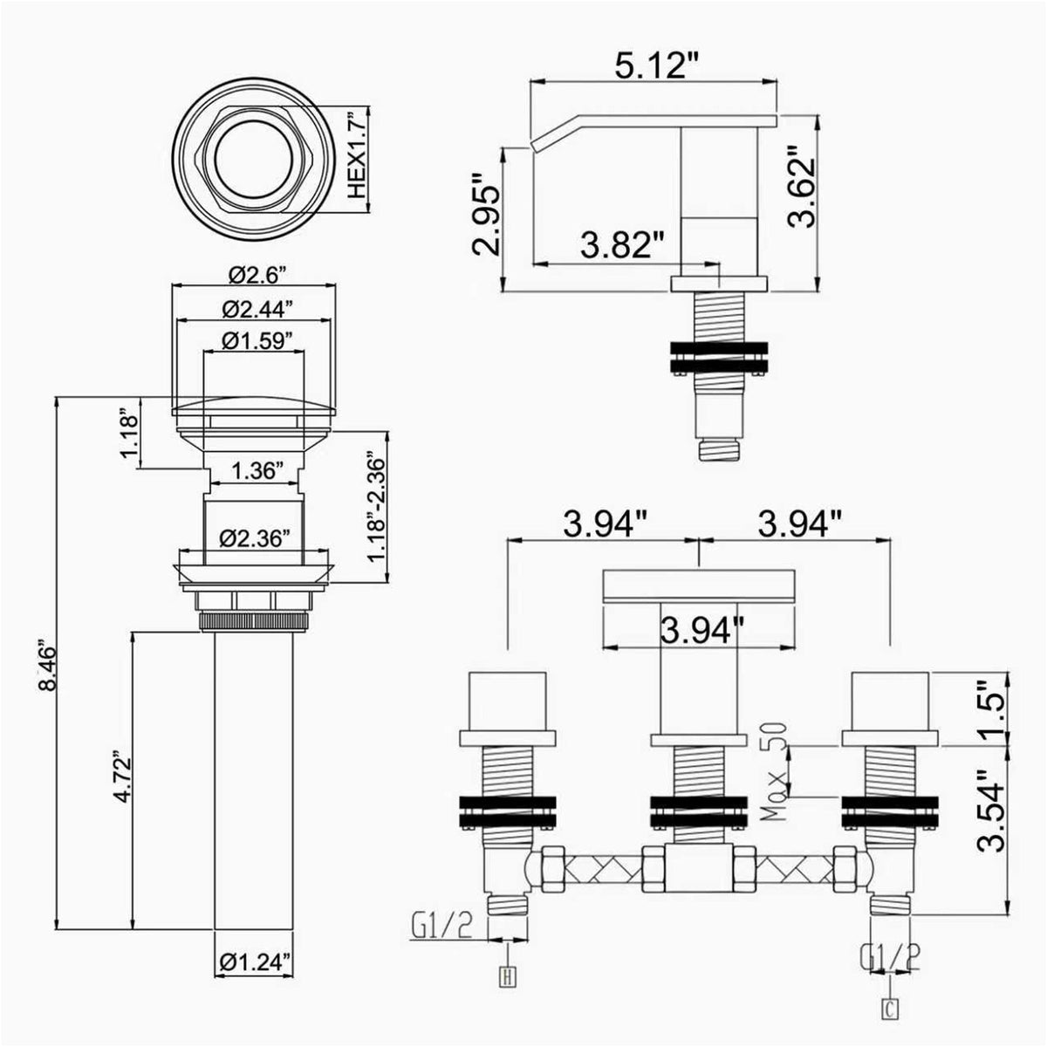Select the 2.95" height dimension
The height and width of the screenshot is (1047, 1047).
coord(484,214)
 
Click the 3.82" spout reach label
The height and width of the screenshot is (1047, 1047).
coord(622,245)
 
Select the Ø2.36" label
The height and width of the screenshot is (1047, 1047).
coord(254,539)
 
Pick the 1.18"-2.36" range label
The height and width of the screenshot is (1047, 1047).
coord(377,508)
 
